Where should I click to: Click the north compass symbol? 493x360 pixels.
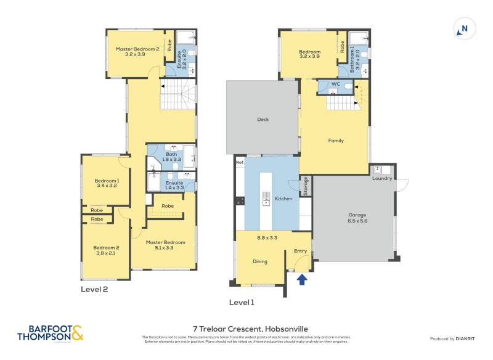(464, 28)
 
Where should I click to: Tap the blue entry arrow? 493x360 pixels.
(302, 280)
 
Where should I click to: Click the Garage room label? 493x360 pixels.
(352, 216)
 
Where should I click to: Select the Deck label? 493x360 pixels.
(264, 120)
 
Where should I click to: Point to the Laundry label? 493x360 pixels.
(382, 179)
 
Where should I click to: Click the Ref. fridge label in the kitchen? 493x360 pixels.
(240, 162)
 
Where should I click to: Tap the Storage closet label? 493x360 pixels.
(305, 186)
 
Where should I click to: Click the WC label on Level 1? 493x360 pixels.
(336, 83)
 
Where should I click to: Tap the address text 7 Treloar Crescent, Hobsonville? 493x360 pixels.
(246, 329)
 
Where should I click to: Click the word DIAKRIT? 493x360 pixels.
(468, 338)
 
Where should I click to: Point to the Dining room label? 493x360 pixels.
(260, 261)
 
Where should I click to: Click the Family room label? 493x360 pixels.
(336, 141)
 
